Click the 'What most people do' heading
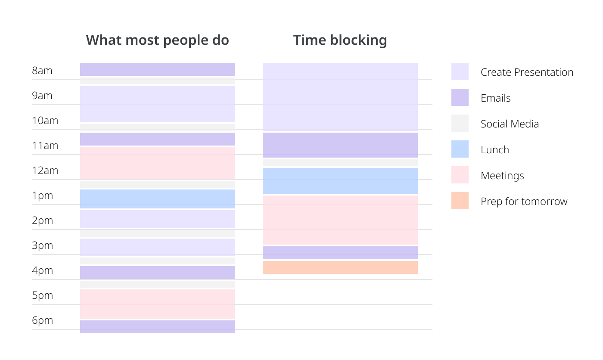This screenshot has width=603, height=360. coord(157,40)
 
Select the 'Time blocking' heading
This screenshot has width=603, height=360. coord(340,40)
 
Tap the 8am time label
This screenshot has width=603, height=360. coord(42,71)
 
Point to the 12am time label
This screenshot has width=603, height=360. coord(45,171)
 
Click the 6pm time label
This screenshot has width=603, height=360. coord(42,320)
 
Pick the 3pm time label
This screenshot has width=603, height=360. coord(42,245)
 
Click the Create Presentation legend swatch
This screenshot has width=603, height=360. coord(460,71)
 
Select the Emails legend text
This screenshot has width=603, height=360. coord(495,98)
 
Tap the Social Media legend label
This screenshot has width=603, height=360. coord(510,124)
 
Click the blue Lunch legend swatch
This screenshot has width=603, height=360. coord(460,149)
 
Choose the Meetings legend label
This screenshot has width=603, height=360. coord(502,176)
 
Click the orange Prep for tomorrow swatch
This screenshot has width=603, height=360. coord(460,201)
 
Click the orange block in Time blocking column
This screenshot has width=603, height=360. coord(340,267)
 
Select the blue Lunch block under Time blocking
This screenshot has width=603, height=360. coord(340,181)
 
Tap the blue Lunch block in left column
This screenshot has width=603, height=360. coord(157,199)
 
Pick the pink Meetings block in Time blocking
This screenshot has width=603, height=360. coord(340,220)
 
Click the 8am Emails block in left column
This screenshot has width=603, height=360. coord(157,69)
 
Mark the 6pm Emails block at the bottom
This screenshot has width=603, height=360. coord(157,327)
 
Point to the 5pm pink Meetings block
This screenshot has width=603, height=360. coord(157,304)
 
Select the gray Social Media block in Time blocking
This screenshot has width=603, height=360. coord(340,163)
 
